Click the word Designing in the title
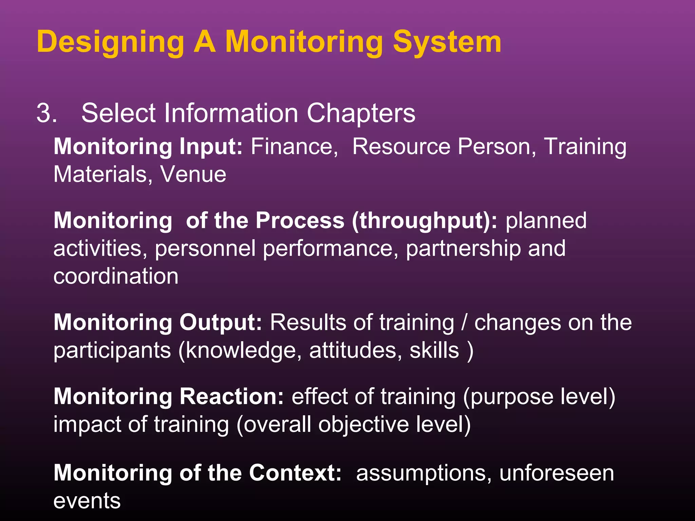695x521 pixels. (x=111, y=42)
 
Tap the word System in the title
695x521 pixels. (x=447, y=42)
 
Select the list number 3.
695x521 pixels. (x=46, y=113)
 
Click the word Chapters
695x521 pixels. (x=361, y=113)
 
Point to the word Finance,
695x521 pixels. (x=294, y=147)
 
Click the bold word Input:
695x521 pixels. (x=211, y=147)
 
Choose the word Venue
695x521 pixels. (x=193, y=175)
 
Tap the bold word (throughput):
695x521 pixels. (x=425, y=221)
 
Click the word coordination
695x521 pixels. (x=116, y=276)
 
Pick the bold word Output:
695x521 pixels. (x=221, y=322)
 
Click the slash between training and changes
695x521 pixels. (x=464, y=322)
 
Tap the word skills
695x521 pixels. (x=434, y=350)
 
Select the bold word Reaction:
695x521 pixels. (x=231, y=397)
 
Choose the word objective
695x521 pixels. (x=363, y=424)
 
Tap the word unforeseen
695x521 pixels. (x=557, y=473)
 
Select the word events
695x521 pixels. (x=87, y=501)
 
